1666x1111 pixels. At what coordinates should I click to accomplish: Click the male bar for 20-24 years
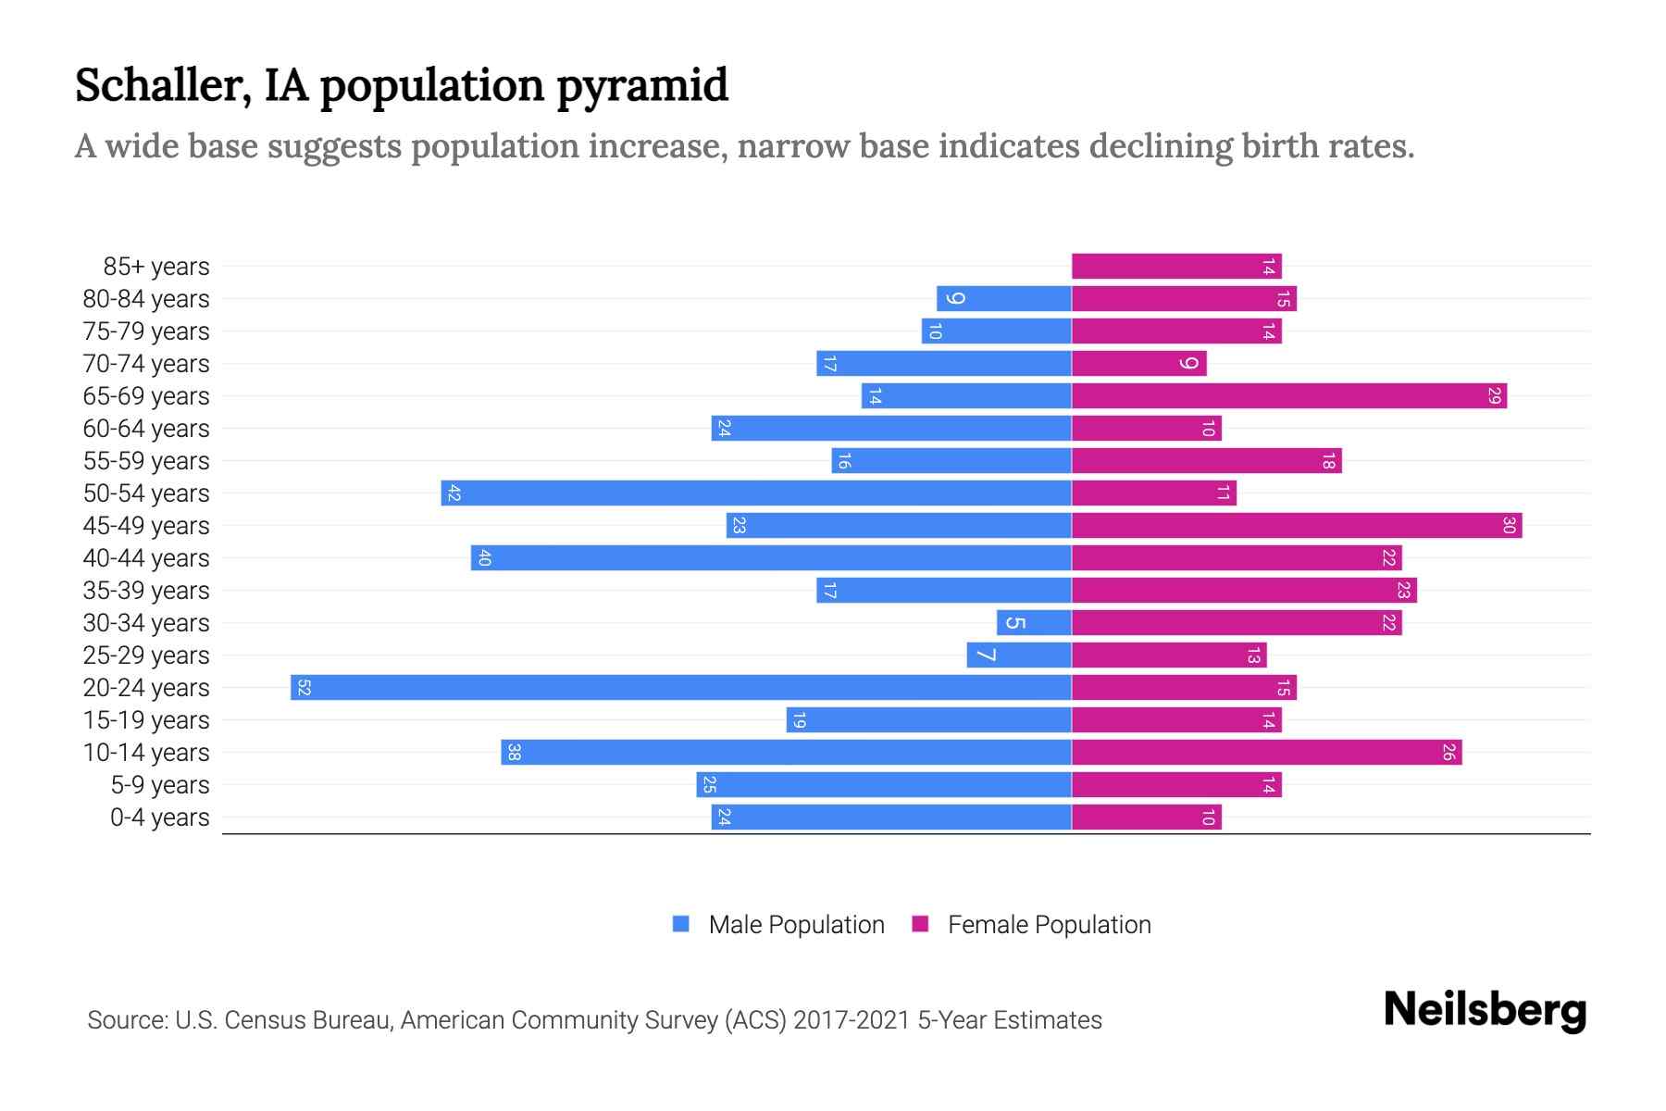[680, 688]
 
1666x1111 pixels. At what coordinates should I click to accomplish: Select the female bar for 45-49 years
[1296, 526]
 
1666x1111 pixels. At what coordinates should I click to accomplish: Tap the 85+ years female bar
[1175, 267]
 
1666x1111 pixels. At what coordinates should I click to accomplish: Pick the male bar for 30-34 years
[1034, 623]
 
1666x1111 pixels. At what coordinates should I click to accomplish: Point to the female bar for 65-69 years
[1288, 396]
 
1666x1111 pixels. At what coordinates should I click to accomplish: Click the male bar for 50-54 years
[755, 493]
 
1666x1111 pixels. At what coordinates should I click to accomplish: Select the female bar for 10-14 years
[1266, 753]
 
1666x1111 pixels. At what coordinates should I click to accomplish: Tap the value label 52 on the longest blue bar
[304, 688]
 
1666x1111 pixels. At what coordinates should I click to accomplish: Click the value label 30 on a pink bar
[1509, 526]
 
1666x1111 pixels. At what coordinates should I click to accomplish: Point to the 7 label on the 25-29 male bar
[987, 655]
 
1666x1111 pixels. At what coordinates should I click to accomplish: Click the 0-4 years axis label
[159, 818]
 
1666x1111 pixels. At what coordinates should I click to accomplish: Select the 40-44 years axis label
[146, 558]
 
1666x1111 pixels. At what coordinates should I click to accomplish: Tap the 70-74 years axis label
[146, 364]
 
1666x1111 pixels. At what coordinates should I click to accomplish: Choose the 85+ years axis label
[156, 267]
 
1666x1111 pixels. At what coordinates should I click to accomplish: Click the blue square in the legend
[681, 924]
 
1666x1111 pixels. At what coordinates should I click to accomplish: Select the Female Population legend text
[1049, 925]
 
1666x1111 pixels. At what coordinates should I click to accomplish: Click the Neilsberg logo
[1485, 1010]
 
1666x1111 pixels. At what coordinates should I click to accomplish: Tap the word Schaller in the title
[163, 85]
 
